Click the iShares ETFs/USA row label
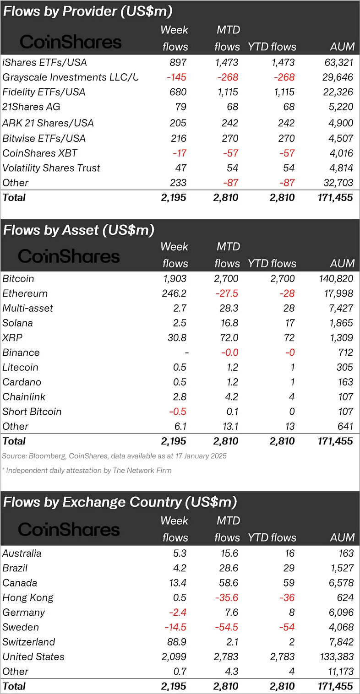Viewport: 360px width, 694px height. pyautogui.click(x=44, y=62)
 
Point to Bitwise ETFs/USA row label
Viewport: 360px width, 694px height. pyautogui.click(x=44, y=138)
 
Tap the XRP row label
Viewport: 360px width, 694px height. pyautogui.click(x=12, y=338)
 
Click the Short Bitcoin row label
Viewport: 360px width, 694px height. pyautogui.click(x=32, y=412)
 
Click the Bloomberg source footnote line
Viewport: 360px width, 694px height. pyautogui.click(x=114, y=456)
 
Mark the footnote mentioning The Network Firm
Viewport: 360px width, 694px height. pyautogui.click(x=87, y=471)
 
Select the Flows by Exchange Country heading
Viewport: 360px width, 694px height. pyautogui.click(x=120, y=502)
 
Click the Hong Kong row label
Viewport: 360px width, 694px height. pyautogui.click(x=28, y=598)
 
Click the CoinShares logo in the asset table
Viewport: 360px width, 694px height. pyautogui.click(x=69, y=256)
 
